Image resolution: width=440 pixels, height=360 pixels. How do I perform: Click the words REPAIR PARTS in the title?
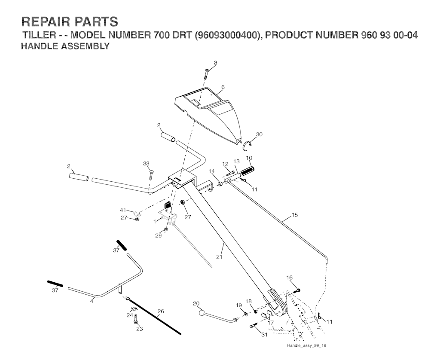pos(69,22)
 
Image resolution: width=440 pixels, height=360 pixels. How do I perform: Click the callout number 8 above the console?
pos(215,63)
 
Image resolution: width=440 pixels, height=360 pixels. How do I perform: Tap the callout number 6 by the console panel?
pos(223,87)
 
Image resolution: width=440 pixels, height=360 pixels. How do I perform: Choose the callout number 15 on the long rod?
pos(294,215)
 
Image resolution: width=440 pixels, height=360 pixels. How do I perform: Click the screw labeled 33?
pos(151,174)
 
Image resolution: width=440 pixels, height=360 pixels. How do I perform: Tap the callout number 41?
pos(123,210)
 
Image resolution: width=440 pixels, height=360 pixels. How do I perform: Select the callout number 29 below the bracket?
pos(158,236)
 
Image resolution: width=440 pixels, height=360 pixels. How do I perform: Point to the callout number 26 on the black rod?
pos(161,311)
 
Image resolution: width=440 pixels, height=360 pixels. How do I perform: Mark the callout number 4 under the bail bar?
pos(92,301)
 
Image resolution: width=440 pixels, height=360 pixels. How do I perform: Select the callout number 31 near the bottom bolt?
pos(263,335)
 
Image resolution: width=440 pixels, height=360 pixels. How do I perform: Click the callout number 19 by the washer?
pos(239,305)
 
